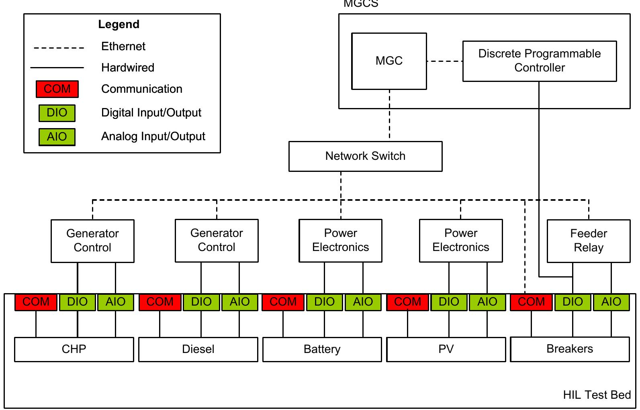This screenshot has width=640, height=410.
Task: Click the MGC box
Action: (388, 61)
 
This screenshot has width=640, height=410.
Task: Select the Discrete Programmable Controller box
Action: (539, 61)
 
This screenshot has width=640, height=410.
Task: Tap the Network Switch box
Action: (365, 156)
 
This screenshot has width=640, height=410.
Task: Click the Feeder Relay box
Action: (588, 241)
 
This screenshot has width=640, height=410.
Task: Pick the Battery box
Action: (322, 349)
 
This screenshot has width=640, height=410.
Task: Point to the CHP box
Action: (74, 349)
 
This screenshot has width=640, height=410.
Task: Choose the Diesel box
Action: (198, 349)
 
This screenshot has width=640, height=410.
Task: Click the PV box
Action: (446, 349)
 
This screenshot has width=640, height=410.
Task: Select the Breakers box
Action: (569, 349)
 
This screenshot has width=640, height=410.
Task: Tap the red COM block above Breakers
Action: (531, 302)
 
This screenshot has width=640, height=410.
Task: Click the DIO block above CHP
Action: (78, 302)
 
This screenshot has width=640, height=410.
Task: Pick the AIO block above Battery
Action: (363, 302)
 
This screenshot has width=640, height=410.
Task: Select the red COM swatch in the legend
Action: (57, 89)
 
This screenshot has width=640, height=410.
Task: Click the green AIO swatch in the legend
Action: (57, 137)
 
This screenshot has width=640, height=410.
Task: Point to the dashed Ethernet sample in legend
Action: (59, 48)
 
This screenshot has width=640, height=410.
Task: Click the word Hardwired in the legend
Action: (127, 67)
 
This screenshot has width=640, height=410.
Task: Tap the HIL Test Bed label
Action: (597, 395)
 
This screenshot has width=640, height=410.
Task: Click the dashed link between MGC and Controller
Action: (444, 61)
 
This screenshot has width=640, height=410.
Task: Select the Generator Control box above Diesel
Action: (217, 241)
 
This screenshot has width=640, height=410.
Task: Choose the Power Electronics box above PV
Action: (461, 241)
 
